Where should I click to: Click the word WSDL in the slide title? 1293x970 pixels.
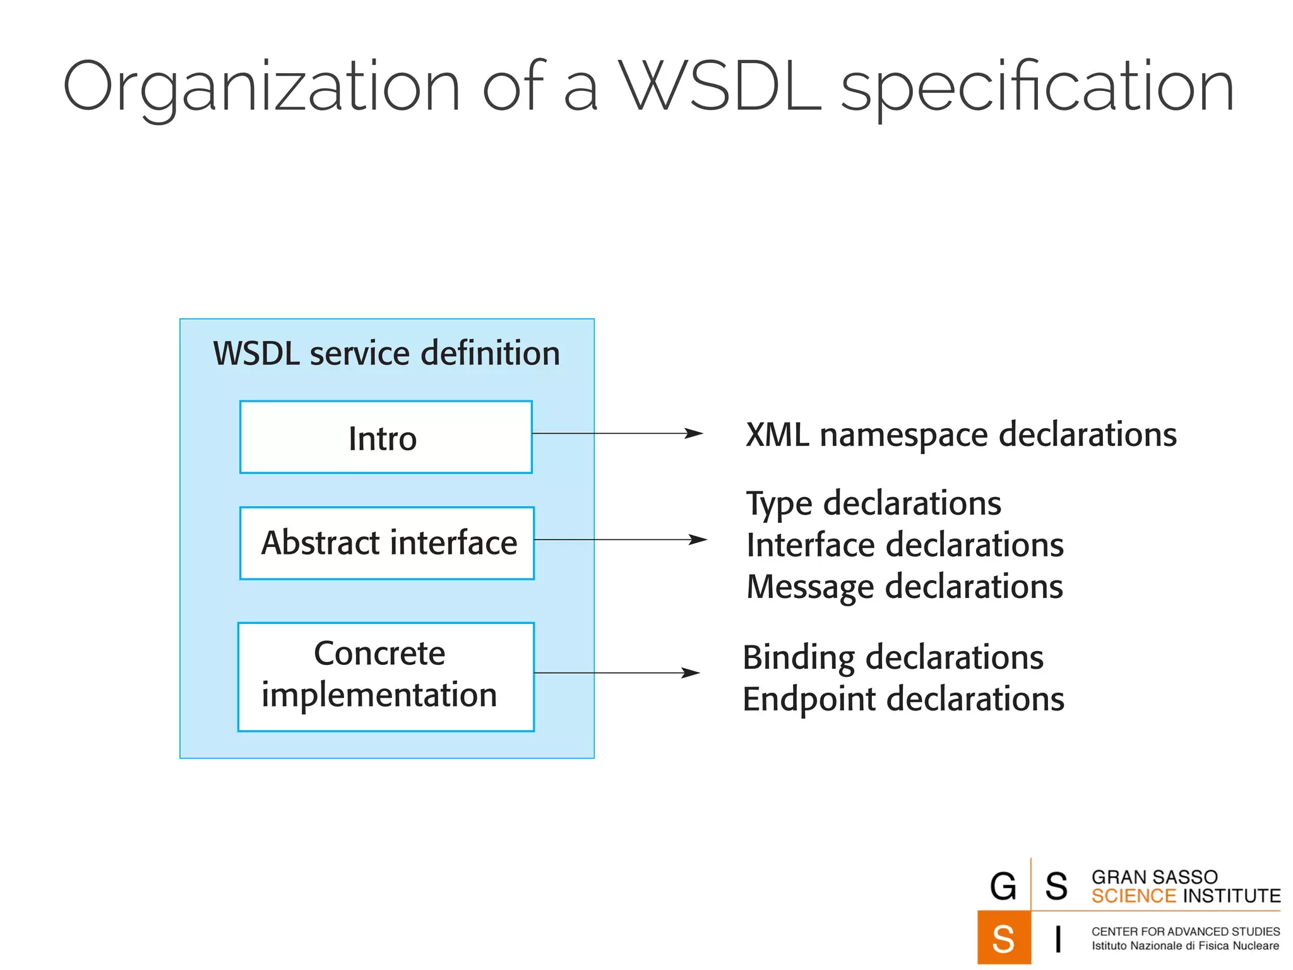(720, 87)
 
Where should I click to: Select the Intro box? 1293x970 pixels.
(386, 437)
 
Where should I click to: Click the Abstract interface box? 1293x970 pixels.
(387, 543)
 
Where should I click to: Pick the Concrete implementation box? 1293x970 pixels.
(386, 677)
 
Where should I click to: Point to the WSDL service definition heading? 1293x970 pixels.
(386, 353)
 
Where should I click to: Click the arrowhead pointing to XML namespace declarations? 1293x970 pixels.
(694, 433)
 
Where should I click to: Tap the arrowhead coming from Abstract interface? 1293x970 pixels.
(698, 539)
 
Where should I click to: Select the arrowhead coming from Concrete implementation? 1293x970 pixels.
(691, 673)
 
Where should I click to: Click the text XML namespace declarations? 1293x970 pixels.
(961, 435)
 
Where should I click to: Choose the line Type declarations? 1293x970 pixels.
(874, 504)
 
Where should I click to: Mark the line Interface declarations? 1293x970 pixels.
(905, 545)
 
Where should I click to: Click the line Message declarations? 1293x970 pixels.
(905, 587)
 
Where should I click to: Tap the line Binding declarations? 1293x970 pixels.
(893, 657)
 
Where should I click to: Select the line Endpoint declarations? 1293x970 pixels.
(903, 699)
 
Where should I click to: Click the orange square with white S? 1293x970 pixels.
(1003, 938)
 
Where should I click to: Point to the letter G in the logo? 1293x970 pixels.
(1003, 886)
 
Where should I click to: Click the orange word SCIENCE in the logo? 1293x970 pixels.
(1133, 896)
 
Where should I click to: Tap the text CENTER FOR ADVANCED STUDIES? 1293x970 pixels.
(1185, 931)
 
